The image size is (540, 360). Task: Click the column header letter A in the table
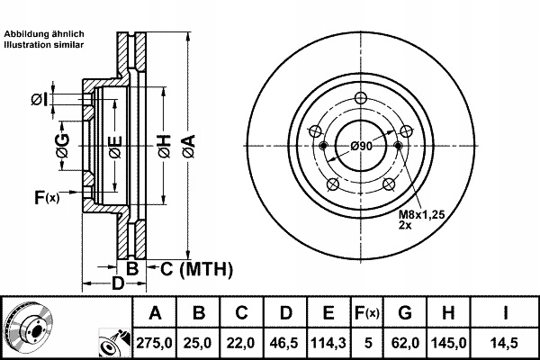(x=155, y=314)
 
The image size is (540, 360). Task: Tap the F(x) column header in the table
(x=368, y=314)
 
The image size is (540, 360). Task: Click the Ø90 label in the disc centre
(x=362, y=147)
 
